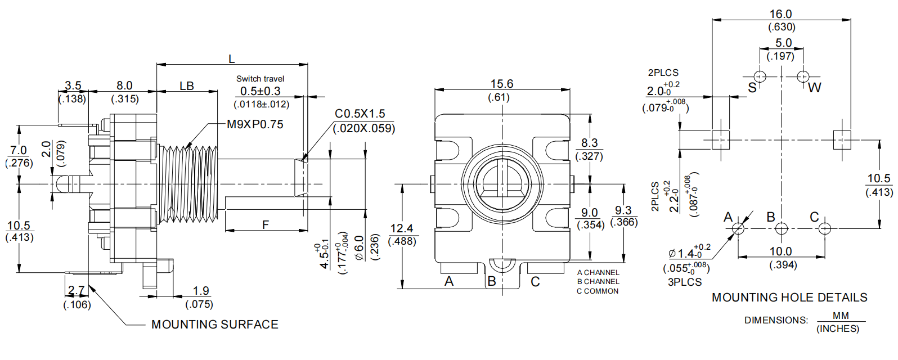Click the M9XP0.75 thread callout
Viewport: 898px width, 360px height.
click(255, 124)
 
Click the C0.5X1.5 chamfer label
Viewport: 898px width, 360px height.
click(360, 114)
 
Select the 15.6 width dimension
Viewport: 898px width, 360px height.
click(501, 84)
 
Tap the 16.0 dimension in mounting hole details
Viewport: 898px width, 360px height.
click(780, 14)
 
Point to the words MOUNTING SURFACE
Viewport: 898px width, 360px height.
click(215, 325)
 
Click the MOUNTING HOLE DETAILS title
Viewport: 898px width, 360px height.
click(789, 298)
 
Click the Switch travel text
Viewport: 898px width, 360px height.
click(260, 79)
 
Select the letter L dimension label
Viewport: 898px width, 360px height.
click(231, 59)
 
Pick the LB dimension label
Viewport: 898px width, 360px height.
click(187, 86)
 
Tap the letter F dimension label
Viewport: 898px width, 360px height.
click(266, 225)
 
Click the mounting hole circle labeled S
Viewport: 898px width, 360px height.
click(760, 76)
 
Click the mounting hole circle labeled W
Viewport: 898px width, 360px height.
click(803, 76)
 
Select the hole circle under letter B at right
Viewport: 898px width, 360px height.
click(781, 228)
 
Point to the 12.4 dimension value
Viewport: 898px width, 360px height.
click(401, 228)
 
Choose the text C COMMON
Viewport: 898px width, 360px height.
click(598, 291)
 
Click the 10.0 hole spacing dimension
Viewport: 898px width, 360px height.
click(780, 251)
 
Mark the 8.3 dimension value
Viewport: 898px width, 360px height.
click(589, 143)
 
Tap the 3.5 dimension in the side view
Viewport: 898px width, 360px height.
click(73, 85)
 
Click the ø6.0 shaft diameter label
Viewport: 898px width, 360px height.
click(360, 248)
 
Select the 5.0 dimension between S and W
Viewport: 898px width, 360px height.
click(783, 43)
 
